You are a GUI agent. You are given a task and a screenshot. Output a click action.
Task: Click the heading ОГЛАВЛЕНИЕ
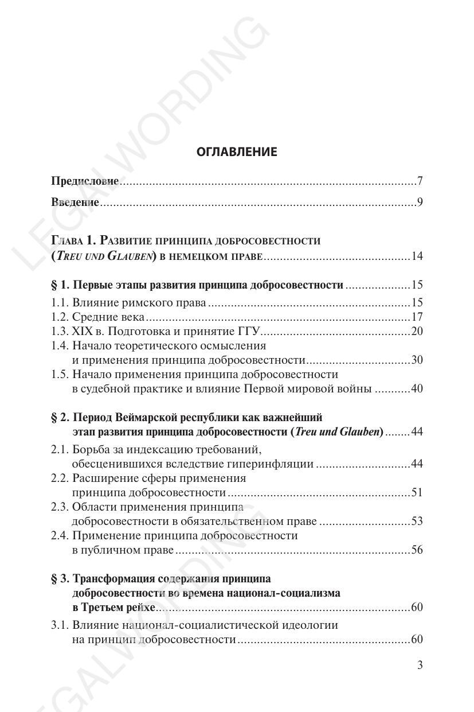[x=237, y=152]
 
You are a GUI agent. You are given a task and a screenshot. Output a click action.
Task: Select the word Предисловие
[x=85, y=181]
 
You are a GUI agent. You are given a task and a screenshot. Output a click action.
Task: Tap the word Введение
[x=75, y=202]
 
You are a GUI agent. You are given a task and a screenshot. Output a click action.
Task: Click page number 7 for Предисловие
[x=420, y=181]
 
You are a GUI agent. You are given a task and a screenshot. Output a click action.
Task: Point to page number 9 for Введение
[x=420, y=202]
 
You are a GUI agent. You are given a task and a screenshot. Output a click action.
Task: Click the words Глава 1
[x=72, y=240]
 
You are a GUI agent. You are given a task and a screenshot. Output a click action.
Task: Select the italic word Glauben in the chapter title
[x=129, y=256]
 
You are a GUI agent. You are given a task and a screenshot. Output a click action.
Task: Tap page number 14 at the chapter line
[x=417, y=256]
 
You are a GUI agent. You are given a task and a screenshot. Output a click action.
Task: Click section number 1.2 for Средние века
[x=59, y=317]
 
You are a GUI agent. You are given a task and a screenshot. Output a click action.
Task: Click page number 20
[x=417, y=332]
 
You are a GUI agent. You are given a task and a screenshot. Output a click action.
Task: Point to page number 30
[x=417, y=360]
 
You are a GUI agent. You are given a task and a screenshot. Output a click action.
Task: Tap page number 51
[x=417, y=493]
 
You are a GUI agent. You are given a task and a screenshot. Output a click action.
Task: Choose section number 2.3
[x=59, y=507]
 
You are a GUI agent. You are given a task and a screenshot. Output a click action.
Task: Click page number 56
[x=417, y=550]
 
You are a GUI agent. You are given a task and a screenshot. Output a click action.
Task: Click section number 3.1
[x=59, y=625]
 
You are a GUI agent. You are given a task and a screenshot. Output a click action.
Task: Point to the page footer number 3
[x=420, y=666]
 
